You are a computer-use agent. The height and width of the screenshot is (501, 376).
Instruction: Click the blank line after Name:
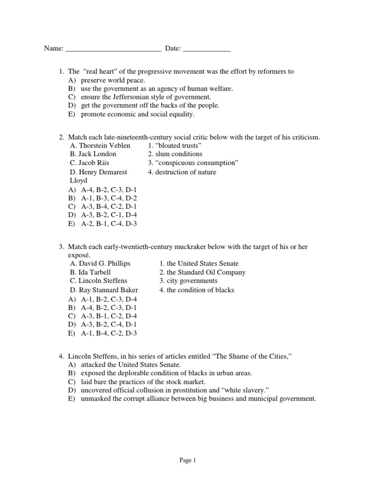click(113, 49)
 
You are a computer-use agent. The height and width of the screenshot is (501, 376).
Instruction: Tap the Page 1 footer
click(188, 460)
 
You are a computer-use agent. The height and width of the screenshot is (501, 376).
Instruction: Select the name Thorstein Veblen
click(100, 146)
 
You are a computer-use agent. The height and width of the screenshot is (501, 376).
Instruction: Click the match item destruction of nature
click(182, 172)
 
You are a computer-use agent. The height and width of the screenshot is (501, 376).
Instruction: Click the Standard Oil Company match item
click(202, 273)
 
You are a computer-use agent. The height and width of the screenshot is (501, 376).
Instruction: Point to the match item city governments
click(188, 281)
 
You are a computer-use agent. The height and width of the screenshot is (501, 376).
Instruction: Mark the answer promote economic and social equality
click(138, 114)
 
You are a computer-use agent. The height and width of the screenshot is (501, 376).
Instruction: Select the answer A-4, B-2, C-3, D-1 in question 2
click(109, 189)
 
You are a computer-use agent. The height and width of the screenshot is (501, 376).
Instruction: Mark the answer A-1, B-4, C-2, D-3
click(109, 333)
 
